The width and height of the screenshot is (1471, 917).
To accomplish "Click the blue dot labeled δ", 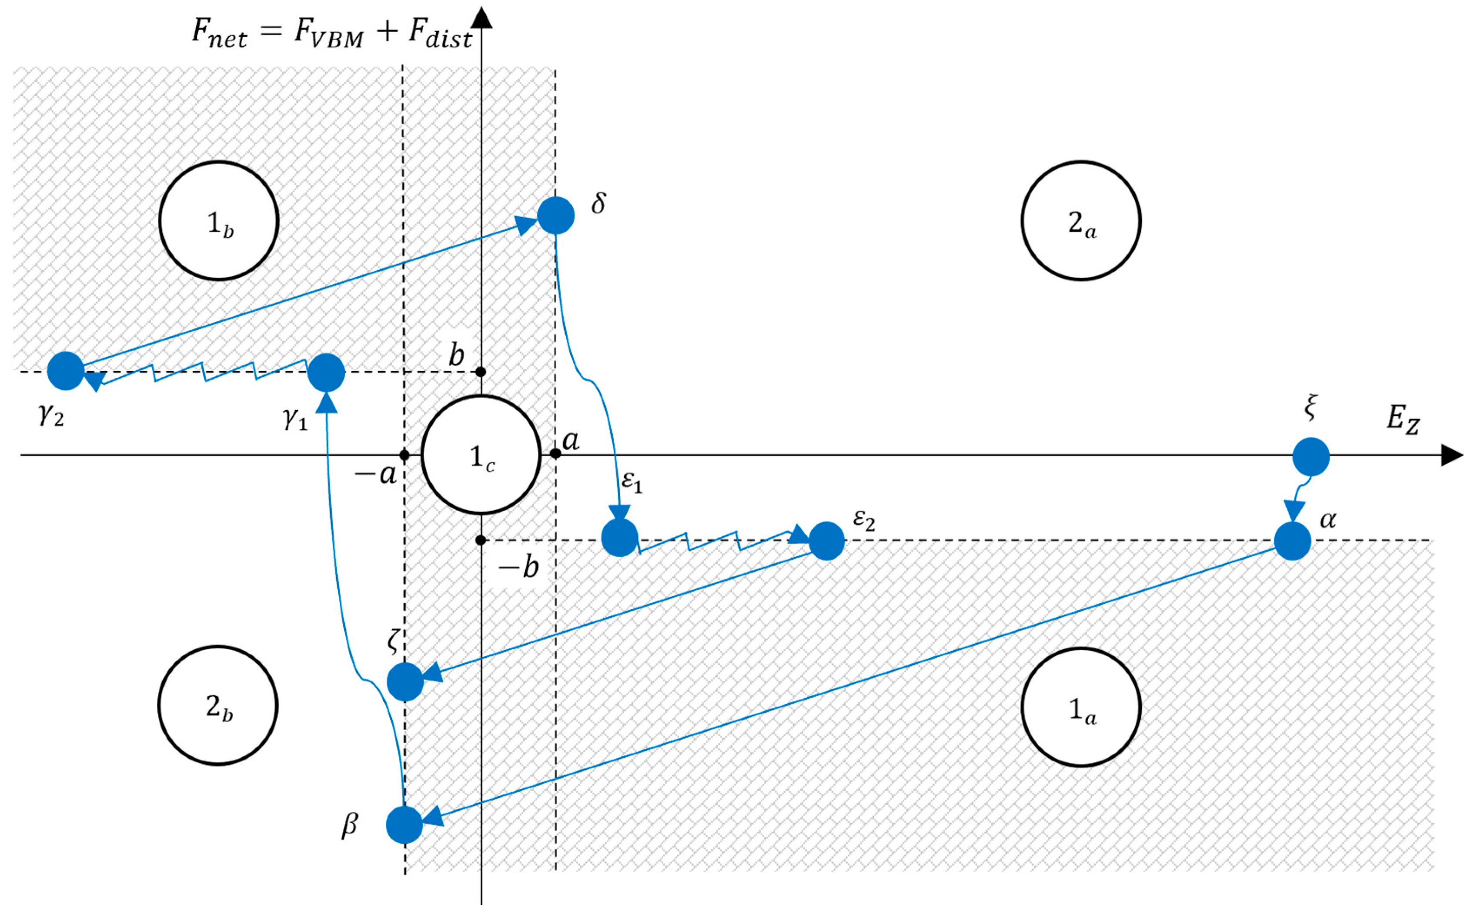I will coord(555,215).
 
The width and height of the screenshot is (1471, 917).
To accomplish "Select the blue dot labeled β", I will coord(404,825).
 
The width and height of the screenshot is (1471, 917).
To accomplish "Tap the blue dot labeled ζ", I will coord(405,682).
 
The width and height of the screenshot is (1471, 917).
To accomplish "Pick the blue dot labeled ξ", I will coord(1311,456).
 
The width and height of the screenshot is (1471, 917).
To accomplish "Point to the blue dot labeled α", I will coord(1292,540).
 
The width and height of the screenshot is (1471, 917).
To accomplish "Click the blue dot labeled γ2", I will coord(66,371).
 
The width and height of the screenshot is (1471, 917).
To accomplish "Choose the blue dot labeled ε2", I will coord(826,540).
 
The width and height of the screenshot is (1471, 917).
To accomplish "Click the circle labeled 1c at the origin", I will coord(481,455).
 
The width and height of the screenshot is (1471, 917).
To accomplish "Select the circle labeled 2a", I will coord(1081,221).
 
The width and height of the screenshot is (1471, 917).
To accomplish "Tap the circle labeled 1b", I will coord(218,221).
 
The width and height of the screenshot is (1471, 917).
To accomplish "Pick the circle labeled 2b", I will coord(218,705).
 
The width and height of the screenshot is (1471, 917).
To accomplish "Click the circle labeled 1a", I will coord(1081,707).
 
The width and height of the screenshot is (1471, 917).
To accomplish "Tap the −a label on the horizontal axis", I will coord(375,474).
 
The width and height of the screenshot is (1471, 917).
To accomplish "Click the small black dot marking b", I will coord(481,371).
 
